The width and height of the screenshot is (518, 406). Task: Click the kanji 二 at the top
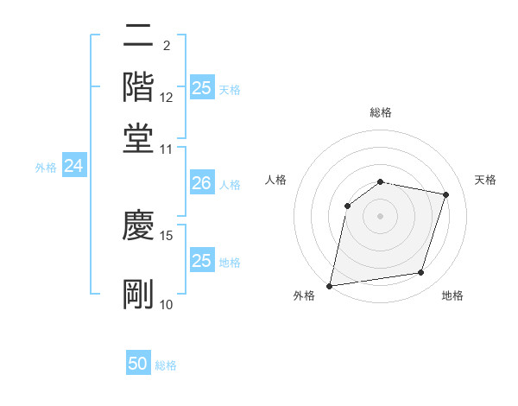[138, 36]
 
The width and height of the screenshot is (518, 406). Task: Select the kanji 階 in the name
[138, 86]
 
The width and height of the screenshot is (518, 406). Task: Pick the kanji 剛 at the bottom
[138, 294]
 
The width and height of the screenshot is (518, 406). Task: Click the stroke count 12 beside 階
[167, 98]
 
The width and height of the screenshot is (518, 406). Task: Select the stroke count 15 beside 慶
[167, 235]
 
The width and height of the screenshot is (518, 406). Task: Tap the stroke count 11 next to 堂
[167, 149]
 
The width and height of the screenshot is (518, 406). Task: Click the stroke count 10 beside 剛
[167, 305]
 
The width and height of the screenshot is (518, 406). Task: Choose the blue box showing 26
[201, 183]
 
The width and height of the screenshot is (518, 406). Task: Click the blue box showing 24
[73, 167]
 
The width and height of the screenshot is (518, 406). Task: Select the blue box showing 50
[138, 364]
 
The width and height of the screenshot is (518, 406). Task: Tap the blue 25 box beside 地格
[201, 261]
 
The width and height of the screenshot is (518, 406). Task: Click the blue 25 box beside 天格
[202, 88]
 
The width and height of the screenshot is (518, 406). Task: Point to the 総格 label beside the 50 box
[166, 365]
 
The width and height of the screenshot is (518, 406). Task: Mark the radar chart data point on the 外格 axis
[330, 285]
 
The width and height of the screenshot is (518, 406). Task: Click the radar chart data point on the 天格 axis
[446, 194]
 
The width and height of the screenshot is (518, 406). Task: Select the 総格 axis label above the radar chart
[381, 112]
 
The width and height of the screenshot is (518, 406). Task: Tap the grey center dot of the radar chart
[381, 215]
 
